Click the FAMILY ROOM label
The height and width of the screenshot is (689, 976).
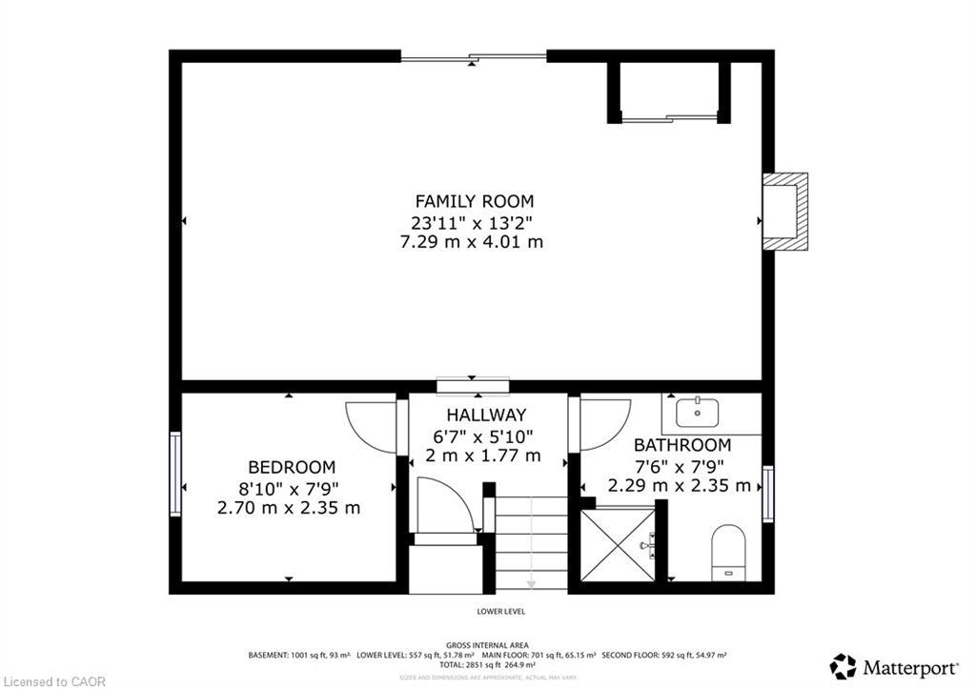[x=474, y=201]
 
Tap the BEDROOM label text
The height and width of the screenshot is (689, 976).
[x=291, y=467]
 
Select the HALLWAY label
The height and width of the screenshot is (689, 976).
[x=486, y=415]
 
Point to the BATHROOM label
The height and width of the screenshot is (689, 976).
[x=682, y=445]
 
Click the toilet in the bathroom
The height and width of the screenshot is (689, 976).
[x=728, y=551]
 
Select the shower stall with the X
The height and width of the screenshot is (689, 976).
[x=617, y=545]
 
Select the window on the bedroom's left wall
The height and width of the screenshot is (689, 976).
[x=175, y=474]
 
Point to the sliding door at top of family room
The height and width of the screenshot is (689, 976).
[x=474, y=57]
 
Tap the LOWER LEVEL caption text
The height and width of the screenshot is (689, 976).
[x=500, y=611]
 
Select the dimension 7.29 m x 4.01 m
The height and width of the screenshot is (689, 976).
[x=474, y=242]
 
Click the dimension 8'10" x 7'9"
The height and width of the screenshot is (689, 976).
[x=291, y=487]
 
